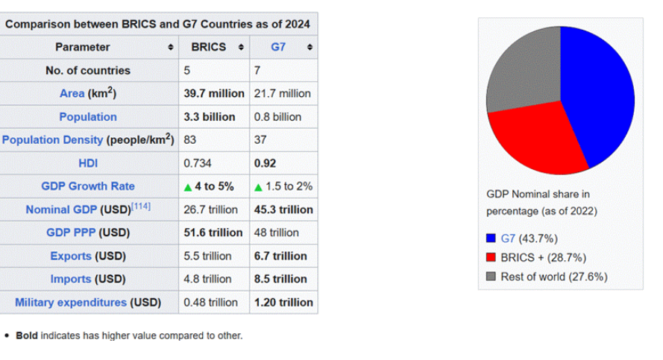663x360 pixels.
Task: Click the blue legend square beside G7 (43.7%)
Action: coord(491,239)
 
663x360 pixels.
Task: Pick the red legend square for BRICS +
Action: coord(491,258)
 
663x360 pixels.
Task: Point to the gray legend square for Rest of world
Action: coord(491,277)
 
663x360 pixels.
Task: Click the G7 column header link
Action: coord(278,47)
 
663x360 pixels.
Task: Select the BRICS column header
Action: coord(209,47)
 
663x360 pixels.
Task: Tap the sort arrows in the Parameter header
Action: coord(172,47)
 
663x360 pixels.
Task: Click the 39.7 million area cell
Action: coord(214,94)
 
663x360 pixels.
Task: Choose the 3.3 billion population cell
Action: coord(210,117)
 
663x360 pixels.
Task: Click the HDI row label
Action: coord(88,163)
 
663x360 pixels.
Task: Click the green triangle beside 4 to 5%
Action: coord(188,187)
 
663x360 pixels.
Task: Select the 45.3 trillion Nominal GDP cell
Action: coord(283,209)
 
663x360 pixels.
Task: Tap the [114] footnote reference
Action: coord(141,206)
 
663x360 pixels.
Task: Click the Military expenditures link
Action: coord(71,303)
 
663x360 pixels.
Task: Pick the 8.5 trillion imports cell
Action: coord(280,279)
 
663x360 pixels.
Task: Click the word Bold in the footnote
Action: coord(27,336)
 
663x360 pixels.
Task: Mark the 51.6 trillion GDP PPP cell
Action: coord(213,233)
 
